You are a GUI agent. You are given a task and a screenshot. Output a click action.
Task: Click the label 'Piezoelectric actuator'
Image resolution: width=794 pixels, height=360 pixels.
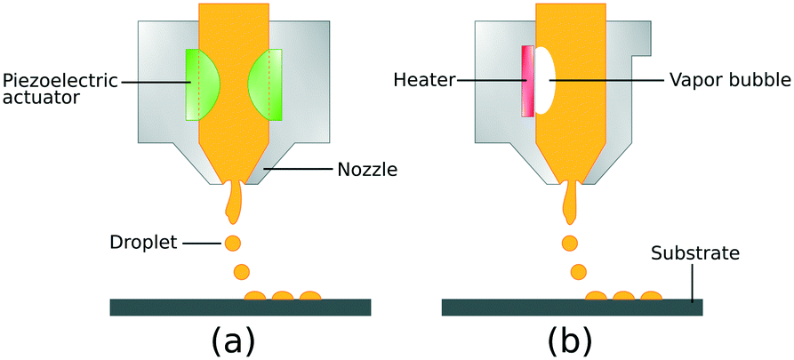pos(60,89)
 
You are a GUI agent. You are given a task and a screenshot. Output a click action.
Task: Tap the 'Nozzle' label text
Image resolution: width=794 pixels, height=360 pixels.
pos(367,170)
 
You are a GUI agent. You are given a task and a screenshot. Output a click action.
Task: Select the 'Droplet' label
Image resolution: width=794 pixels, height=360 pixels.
pos(143,243)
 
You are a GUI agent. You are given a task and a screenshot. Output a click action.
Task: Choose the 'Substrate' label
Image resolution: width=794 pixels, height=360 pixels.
pos(695,253)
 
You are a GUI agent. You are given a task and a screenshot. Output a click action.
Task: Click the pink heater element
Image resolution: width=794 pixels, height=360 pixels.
pos(528,82)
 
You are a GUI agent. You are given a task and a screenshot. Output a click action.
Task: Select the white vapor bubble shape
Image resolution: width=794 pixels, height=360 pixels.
pos(545,80)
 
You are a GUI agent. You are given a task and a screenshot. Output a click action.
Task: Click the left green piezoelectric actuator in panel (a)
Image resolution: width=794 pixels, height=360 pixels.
pos(201,84)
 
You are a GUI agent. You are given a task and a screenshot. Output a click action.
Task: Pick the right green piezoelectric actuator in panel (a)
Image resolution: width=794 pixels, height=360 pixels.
pos(266,84)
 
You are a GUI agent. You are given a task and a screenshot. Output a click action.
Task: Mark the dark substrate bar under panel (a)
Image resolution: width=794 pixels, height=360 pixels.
pos(241,308)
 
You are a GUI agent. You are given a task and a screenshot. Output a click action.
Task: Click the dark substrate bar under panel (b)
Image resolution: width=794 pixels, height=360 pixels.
pos(572,308)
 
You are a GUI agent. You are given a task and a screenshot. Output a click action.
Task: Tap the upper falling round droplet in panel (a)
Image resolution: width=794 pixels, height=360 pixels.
pos(232,243)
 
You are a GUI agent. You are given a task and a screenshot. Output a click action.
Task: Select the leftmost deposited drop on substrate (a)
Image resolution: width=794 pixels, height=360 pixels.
pos(255,295)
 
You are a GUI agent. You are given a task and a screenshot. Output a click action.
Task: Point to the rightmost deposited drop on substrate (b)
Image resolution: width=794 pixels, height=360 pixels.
pos(651,295)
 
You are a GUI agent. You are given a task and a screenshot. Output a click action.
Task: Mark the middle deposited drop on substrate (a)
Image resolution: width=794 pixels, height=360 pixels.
pos(283,295)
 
